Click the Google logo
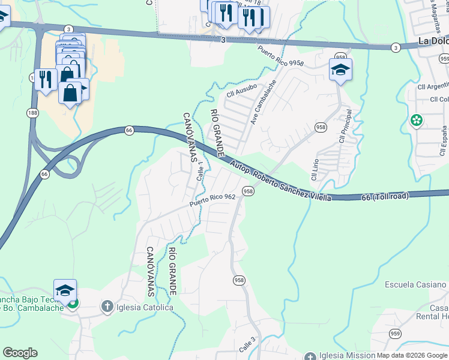(20, 353)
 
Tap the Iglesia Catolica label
(145, 308)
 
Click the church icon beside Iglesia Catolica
(107, 308)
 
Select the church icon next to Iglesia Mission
(310, 356)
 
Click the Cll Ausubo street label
(241, 91)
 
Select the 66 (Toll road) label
(385, 197)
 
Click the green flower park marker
(416, 121)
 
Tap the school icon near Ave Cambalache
(340, 70)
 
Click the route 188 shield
(32, 112)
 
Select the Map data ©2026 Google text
(412, 355)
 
